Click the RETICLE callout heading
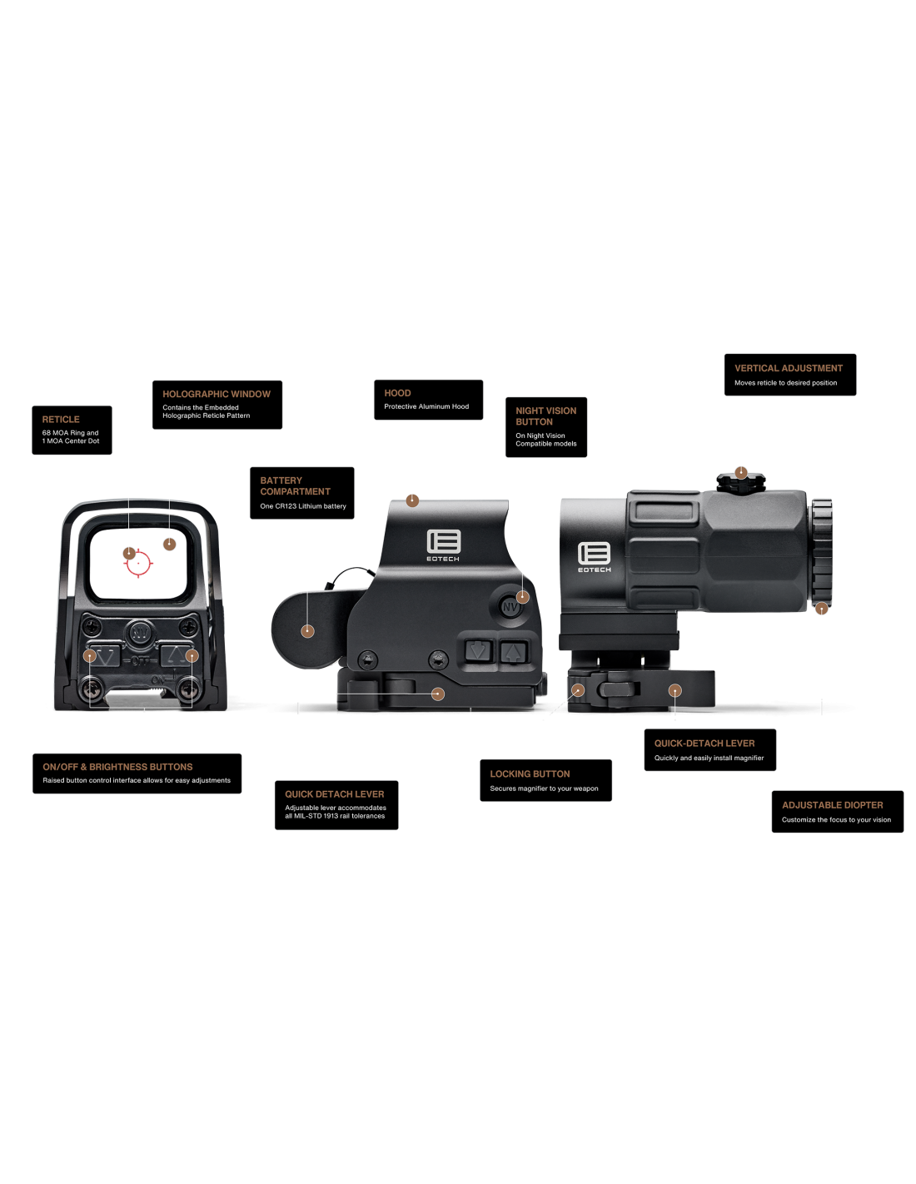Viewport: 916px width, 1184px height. click(61, 420)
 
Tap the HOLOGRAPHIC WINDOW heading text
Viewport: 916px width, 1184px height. click(217, 394)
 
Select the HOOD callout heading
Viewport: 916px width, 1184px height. click(397, 393)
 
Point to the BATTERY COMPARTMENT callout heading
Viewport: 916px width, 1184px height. click(295, 486)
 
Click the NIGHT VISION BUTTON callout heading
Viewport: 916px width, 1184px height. click(545, 416)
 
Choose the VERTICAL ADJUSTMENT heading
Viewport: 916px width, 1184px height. click(788, 368)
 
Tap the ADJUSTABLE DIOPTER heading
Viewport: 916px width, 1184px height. click(832, 805)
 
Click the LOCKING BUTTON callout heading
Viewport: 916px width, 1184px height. click(530, 774)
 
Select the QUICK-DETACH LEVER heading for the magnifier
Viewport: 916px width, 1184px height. click(704, 744)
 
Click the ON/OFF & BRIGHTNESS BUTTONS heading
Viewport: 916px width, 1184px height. click(117, 767)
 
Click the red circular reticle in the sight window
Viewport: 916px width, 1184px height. click(138, 564)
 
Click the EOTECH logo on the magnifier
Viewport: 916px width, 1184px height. click(594, 557)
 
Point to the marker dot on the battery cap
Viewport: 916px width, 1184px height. click(307, 631)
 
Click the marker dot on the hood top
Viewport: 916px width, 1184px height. click(412, 500)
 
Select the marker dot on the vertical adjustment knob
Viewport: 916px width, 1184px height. click(741, 473)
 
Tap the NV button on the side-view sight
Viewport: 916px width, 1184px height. click(510, 607)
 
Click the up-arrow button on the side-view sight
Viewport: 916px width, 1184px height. click(514, 652)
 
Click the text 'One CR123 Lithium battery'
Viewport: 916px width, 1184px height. click(302, 506)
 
